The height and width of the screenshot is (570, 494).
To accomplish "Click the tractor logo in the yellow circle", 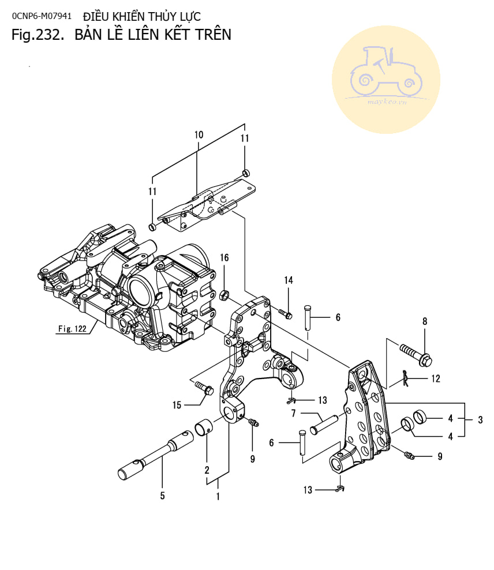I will (x=386, y=74).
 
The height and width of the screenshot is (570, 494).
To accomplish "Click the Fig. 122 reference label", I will (x=72, y=329).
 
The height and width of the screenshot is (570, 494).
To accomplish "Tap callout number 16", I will (x=224, y=257).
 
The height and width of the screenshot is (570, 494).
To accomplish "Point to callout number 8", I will (x=425, y=321).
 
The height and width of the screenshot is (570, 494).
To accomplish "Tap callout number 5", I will (x=162, y=494).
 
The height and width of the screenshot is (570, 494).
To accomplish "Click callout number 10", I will (x=199, y=134).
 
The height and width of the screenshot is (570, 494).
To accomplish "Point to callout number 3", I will (x=480, y=419).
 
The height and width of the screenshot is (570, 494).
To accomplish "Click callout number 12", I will (x=435, y=378).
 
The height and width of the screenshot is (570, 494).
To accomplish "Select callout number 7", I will (x=293, y=413).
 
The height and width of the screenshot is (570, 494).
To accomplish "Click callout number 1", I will (x=218, y=495).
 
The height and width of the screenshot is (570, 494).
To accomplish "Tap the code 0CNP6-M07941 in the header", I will (x=42, y=16).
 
